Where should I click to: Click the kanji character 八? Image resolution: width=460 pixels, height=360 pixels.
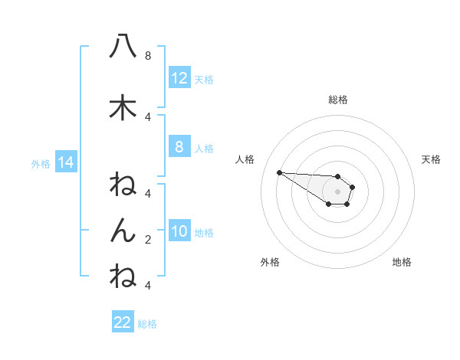pyautogui.click(x=123, y=47)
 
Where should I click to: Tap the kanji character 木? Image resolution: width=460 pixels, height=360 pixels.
pyautogui.click(x=123, y=108)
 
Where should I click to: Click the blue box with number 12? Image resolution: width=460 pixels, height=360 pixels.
pyautogui.click(x=179, y=78)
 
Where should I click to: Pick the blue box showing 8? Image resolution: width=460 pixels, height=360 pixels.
pyautogui.click(x=179, y=147)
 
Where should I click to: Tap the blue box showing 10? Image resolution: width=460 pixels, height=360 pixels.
pyautogui.click(x=179, y=231)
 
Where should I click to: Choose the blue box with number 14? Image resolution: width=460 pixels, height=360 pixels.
pyautogui.click(x=65, y=162)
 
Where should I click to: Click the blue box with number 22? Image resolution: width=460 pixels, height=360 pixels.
pyautogui.click(x=123, y=322)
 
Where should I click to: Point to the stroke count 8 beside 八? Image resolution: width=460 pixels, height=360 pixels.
pyautogui.click(x=148, y=56)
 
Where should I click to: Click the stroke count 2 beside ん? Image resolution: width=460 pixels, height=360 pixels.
pyautogui.click(x=148, y=240)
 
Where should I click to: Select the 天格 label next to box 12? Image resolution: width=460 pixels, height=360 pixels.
pyautogui.click(x=204, y=79)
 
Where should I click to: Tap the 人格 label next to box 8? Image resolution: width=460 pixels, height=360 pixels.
pyautogui.click(x=204, y=148)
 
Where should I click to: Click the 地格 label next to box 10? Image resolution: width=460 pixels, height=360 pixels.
pyautogui.click(x=204, y=232)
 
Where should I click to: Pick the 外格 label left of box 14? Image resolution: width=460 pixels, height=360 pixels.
pyautogui.click(x=41, y=163)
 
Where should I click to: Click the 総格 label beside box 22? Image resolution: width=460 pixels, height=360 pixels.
pyautogui.click(x=147, y=323)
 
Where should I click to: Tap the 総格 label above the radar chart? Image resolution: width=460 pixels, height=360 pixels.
pyautogui.click(x=338, y=100)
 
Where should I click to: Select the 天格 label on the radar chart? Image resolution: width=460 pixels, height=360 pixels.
pyautogui.click(x=432, y=159)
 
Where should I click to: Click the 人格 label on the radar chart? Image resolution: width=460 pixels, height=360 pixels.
pyautogui.click(x=245, y=159)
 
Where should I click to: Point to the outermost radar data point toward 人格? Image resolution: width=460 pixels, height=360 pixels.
pyautogui.click(x=279, y=172)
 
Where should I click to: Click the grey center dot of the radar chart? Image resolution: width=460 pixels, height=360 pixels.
pyautogui.click(x=338, y=191)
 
